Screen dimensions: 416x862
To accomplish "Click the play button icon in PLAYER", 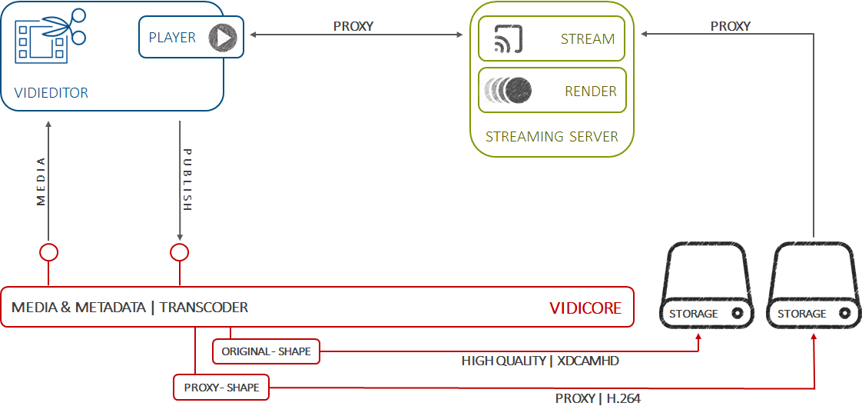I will click(x=223, y=37).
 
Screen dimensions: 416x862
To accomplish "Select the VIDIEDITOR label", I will click(x=51, y=93).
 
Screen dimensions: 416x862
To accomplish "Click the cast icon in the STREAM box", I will click(x=508, y=38).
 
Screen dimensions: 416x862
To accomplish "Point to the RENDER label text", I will click(x=590, y=92).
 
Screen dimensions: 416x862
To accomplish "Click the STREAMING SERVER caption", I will click(x=552, y=137).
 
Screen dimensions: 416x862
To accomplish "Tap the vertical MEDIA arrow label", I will click(x=41, y=181).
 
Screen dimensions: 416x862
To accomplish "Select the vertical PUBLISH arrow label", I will click(x=187, y=180).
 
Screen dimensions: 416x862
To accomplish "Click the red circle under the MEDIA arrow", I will click(x=49, y=252).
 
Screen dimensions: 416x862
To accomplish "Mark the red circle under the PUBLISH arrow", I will click(x=179, y=252).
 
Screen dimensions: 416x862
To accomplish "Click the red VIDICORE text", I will click(x=585, y=308).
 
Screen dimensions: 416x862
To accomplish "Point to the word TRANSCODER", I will click(x=204, y=308).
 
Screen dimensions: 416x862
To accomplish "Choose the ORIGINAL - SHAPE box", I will click(x=266, y=351).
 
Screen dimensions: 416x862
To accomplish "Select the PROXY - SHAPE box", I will click(x=221, y=388).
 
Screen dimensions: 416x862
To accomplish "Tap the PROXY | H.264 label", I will click(x=598, y=398).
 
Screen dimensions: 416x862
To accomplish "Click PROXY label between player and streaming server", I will click(x=353, y=26).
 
